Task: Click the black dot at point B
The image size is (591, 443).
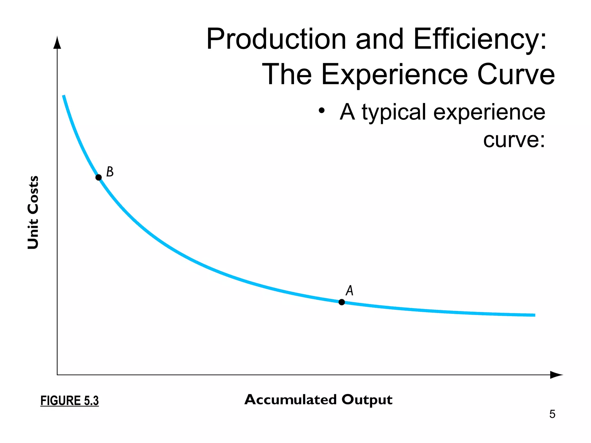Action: tap(98, 177)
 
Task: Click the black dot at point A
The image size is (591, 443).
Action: tap(342, 302)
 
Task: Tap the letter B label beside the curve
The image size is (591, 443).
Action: tap(110, 172)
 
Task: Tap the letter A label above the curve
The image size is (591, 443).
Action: tap(349, 290)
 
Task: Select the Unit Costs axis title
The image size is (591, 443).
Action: tap(33, 212)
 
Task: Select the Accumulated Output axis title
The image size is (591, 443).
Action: tap(318, 400)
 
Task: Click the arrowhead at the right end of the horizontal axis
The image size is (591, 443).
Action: tap(556, 375)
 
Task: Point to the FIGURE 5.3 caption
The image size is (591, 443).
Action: tap(70, 401)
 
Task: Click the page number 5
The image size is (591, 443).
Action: tap(552, 414)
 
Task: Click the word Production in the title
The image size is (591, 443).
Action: tap(276, 39)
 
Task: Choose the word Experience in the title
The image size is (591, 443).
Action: tap(394, 74)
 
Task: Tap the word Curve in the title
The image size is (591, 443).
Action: tap(516, 74)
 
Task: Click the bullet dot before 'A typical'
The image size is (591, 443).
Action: tap(322, 110)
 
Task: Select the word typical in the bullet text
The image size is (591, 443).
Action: tap(394, 112)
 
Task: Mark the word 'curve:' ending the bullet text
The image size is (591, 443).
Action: tap(514, 140)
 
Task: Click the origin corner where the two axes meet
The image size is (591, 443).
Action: tap(57, 375)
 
